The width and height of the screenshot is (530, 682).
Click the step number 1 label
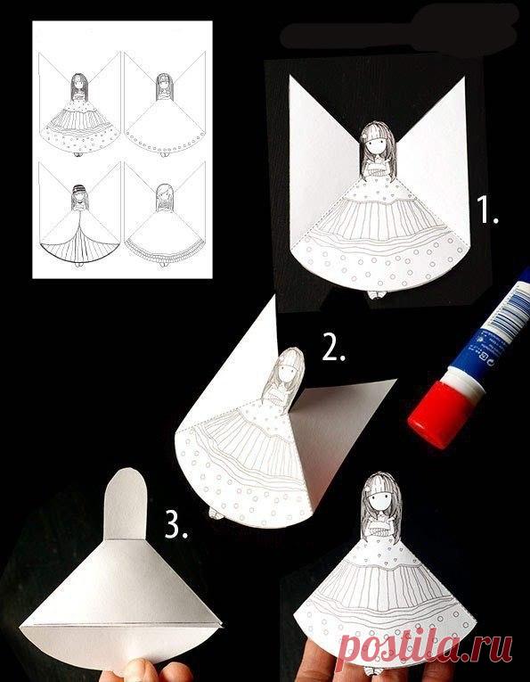(x=487, y=210)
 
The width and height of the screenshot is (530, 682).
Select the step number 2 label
(x=334, y=346)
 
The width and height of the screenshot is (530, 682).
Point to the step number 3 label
(x=176, y=524)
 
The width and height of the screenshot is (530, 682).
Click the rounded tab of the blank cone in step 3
(x=126, y=504)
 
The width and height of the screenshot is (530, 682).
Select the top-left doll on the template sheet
(x=79, y=114)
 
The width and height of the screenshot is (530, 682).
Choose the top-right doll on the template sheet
(x=165, y=114)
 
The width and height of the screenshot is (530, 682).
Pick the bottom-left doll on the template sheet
(x=79, y=225)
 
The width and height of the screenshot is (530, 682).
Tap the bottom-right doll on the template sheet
(x=165, y=225)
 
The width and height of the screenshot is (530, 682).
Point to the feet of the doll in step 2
(x=216, y=514)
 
